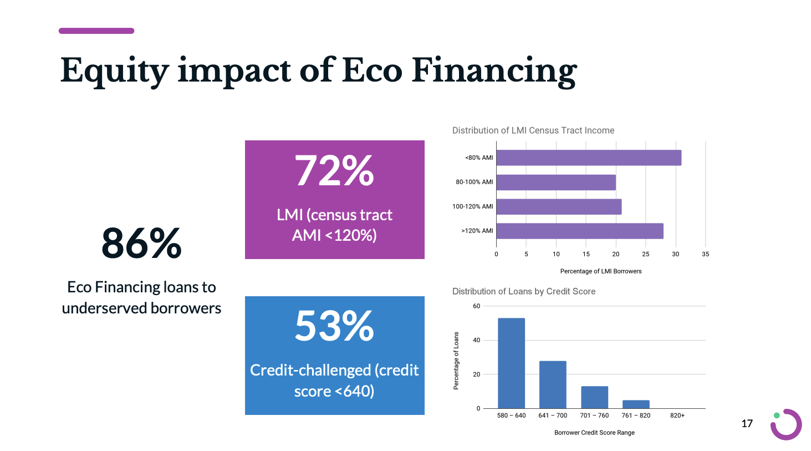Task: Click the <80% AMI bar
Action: (x=588, y=158)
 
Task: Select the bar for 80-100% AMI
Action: (x=555, y=183)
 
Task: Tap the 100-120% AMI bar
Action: (x=558, y=207)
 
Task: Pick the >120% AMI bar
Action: (x=579, y=231)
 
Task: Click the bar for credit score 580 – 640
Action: (x=511, y=363)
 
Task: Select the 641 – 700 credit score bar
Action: (x=553, y=384)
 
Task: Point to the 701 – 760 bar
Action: (x=594, y=397)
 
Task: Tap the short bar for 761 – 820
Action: (x=636, y=404)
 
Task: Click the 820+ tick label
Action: (x=677, y=415)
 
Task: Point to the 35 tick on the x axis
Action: (x=705, y=254)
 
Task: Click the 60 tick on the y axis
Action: (x=476, y=306)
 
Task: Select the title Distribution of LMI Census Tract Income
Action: (x=533, y=130)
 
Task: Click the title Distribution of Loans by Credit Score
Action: (x=523, y=291)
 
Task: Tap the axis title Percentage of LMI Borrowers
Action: (x=600, y=271)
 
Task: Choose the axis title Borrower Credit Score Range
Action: (x=594, y=433)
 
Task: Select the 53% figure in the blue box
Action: (x=334, y=326)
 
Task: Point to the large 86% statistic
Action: (x=141, y=243)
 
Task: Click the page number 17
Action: (x=747, y=424)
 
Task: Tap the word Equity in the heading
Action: (x=114, y=71)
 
